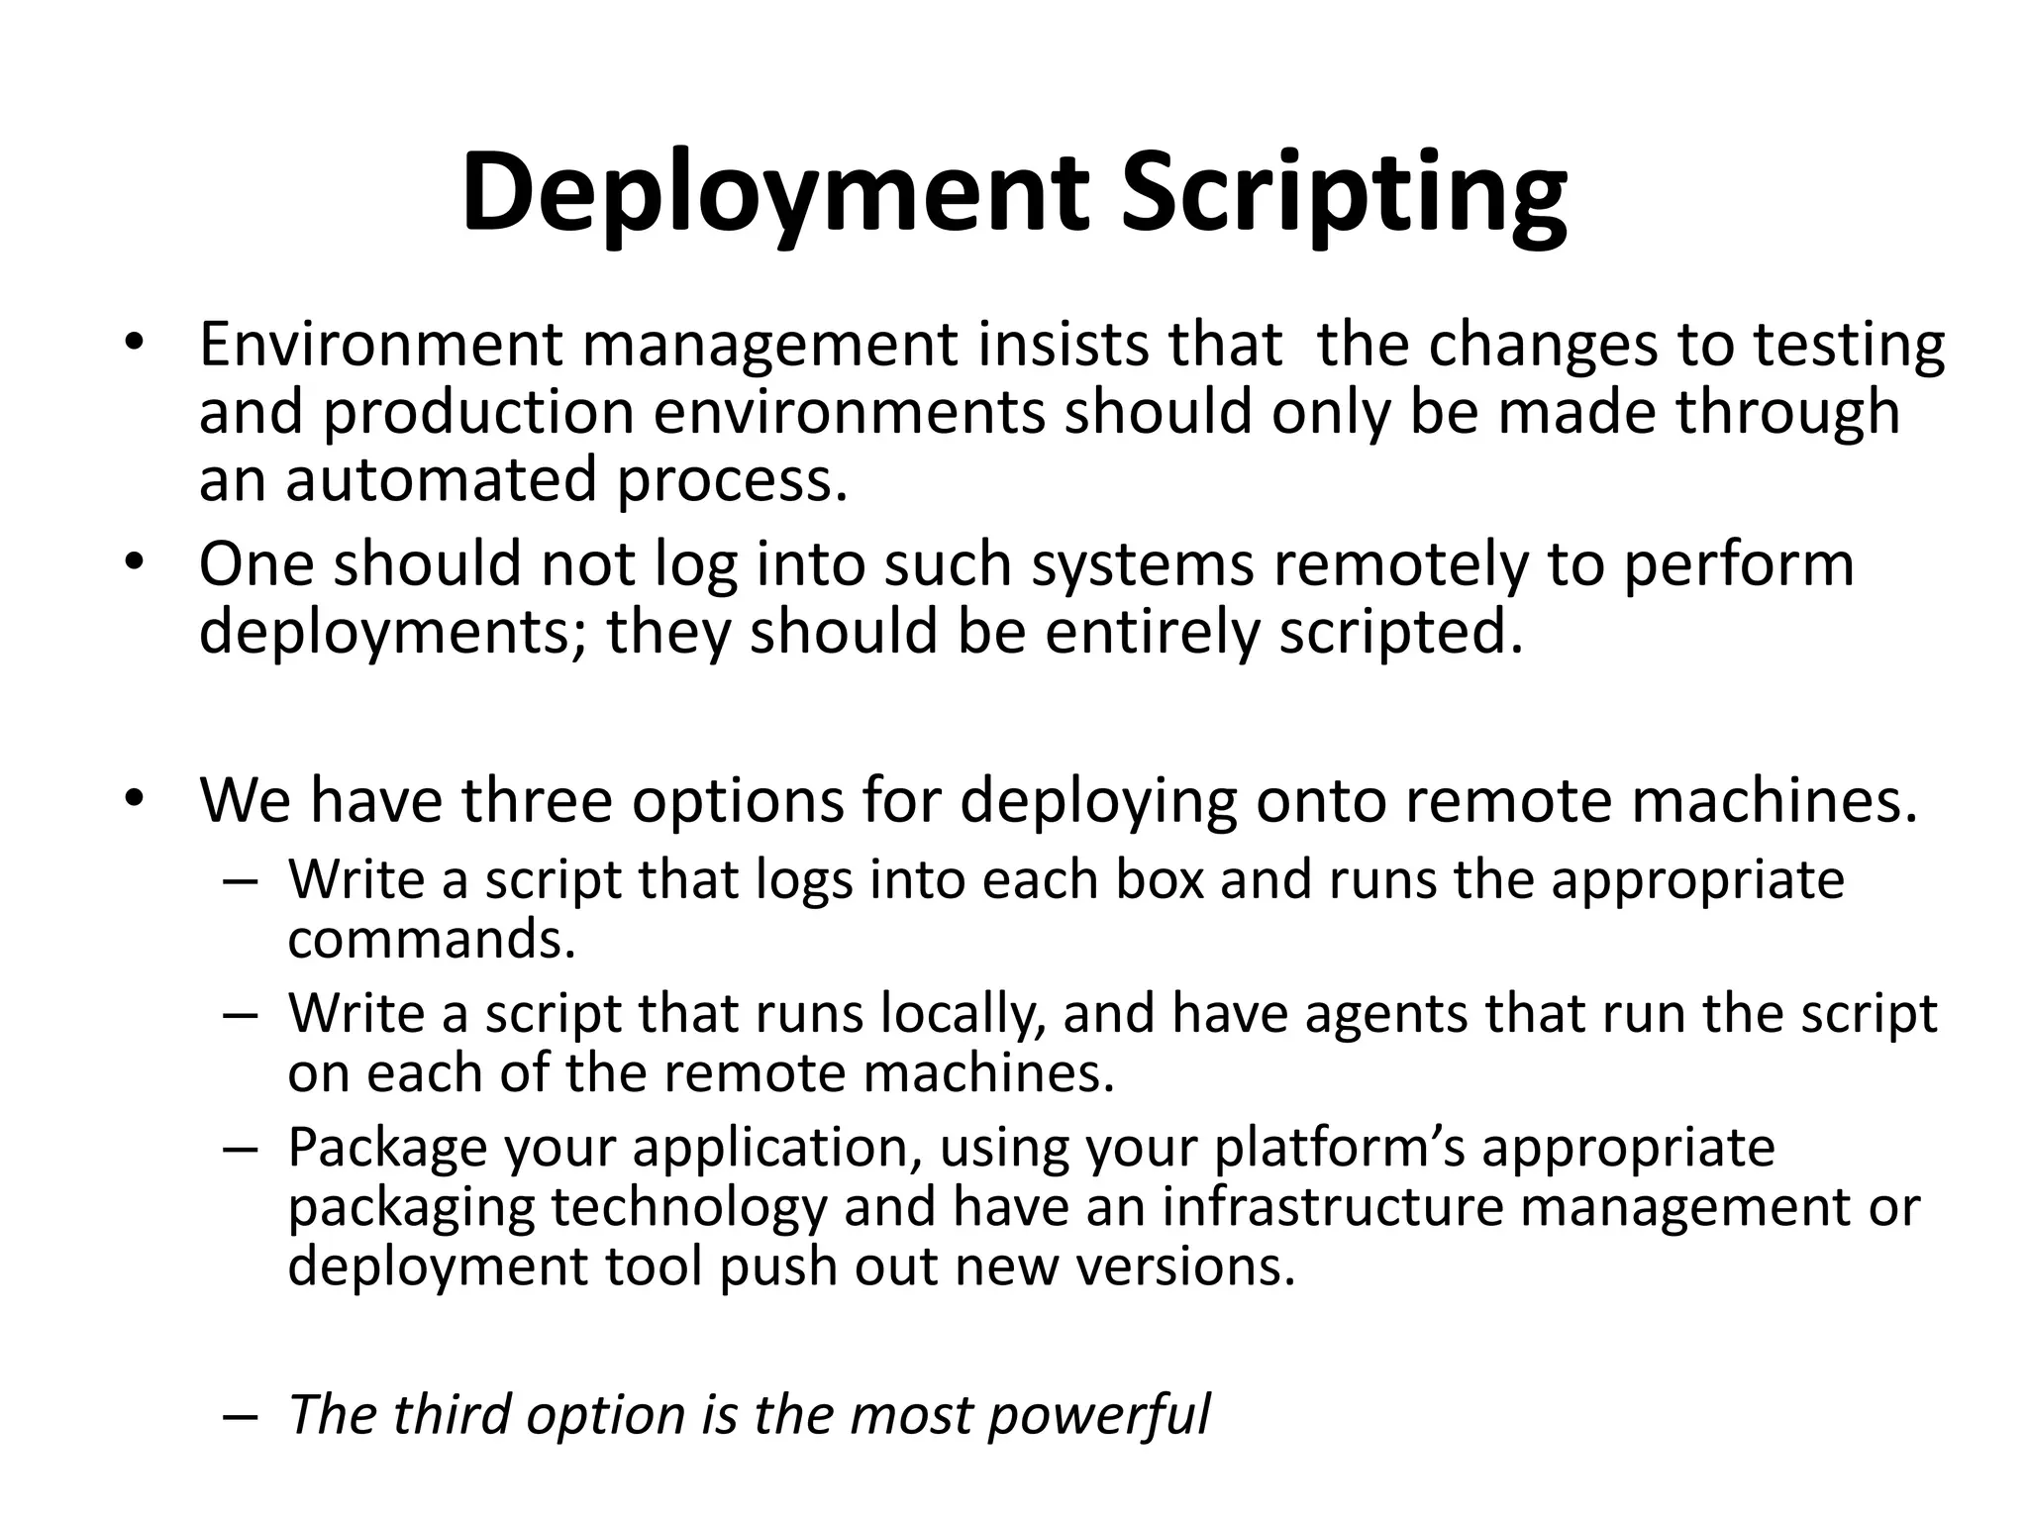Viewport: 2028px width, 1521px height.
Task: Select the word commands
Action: pos(432,938)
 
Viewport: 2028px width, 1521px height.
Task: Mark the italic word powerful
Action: pos(1098,1414)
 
